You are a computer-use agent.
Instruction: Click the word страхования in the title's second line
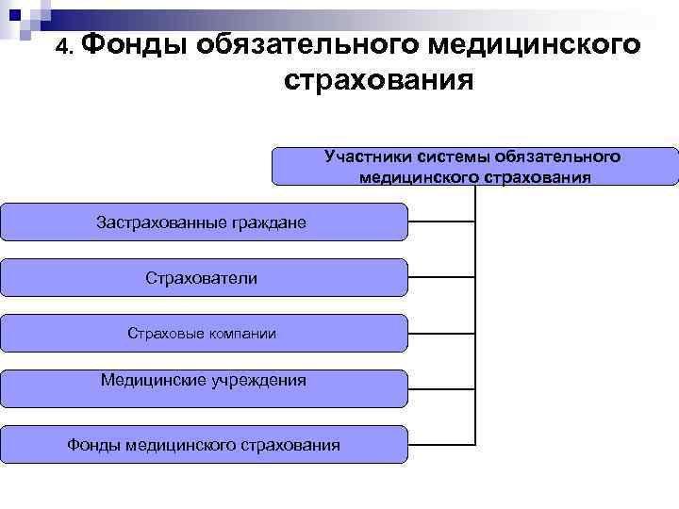click(378, 83)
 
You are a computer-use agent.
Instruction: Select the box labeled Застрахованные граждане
click(204, 222)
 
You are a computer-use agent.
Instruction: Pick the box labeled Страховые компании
click(204, 333)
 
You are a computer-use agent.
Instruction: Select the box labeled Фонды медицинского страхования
click(204, 444)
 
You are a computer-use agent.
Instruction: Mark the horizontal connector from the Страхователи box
click(441, 277)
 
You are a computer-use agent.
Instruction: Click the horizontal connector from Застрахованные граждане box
click(441, 222)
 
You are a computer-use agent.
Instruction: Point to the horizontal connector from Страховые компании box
click(441, 333)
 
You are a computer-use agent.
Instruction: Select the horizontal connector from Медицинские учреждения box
click(441, 387)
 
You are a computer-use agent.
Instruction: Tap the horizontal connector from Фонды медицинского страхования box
click(441, 443)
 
